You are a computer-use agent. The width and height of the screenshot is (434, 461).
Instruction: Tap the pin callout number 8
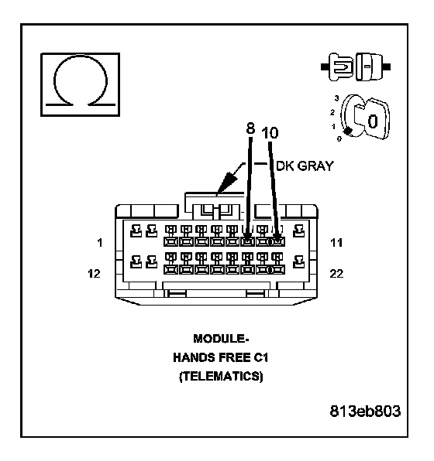(250, 128)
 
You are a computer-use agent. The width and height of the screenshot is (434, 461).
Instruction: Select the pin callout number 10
(270, 133)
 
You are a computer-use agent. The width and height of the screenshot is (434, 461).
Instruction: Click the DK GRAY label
(305, 166)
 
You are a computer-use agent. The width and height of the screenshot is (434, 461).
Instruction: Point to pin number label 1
(100, 243)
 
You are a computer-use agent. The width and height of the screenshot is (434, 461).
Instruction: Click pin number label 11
(336, 243)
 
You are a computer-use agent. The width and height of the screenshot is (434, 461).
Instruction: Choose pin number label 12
(95, 274)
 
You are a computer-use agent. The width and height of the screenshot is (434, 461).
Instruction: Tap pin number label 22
(336, 274)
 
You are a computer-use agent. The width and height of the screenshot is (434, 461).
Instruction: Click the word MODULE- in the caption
(222, 339)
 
